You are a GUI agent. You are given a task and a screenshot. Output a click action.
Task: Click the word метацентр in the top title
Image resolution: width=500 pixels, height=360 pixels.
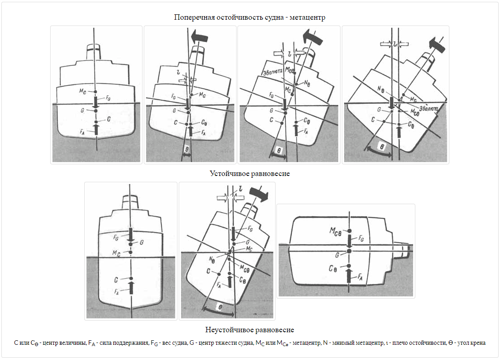pyautogui.click(x=307, y=17)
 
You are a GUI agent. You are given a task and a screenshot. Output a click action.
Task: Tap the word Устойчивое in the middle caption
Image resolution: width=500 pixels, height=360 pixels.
pyautogui.click(x=229, y=173)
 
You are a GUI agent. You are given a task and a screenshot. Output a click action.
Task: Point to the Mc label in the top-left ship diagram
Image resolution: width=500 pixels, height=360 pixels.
pyautogui.click(x=82, y=91)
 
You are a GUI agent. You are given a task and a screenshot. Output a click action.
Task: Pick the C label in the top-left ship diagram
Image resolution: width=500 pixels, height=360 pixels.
pyautogui.click(x=109, y=118)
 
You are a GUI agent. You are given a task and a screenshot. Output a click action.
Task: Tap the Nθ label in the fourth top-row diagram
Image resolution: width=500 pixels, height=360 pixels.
pyautogui.click(x=382, y=89)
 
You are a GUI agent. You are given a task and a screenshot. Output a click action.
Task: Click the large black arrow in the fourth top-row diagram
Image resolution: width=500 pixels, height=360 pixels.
pyautogui.click(x=434, y=44)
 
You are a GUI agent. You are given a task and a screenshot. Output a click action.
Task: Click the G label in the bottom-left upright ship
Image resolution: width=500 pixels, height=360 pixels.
pyautogui.click(x=142, y=242)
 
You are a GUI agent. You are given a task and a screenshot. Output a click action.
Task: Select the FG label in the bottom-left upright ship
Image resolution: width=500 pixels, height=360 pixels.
pyautogui.click(x=116, y=237)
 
